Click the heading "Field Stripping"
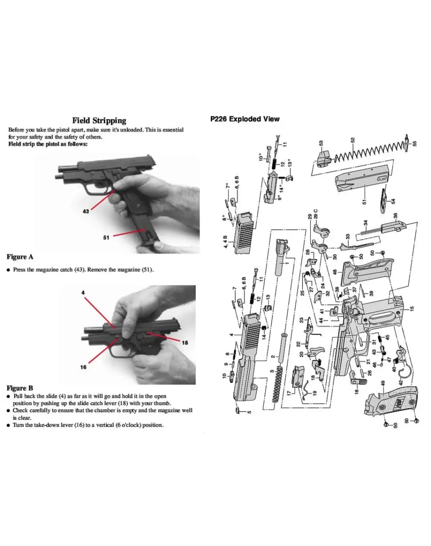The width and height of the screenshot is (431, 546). point(99,121)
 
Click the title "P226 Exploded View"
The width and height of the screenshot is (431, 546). point(245,119)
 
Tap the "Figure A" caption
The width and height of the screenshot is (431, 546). point(20,257)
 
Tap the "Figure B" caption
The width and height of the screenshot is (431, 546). point(20,388)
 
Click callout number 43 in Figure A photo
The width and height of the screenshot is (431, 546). point(86,211)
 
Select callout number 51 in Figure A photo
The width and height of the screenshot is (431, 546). point(107,237)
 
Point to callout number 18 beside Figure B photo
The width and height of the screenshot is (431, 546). point(185,342)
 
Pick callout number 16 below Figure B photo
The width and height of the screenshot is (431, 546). point(83,367)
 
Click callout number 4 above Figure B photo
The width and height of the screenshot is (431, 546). point(83,293)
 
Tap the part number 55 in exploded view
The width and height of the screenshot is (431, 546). point(414,144)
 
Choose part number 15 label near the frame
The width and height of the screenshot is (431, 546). point(412,309)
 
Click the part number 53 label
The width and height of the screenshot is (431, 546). point(321,143)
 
